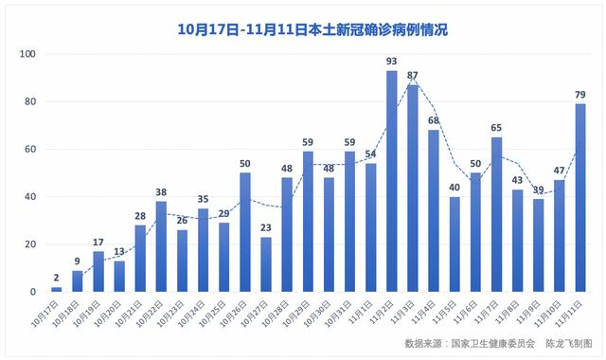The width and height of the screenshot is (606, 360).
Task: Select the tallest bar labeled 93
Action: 391,181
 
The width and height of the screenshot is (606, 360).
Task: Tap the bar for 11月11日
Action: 579,198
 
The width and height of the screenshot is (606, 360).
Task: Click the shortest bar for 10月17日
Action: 56,289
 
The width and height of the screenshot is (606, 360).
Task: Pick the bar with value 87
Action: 412,189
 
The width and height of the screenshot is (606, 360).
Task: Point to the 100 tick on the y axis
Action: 27,54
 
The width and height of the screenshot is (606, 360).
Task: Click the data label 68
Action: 433,120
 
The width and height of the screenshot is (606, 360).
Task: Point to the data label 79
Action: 579,94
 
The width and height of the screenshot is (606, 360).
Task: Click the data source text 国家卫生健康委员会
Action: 494,343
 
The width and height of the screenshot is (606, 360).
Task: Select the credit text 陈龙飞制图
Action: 571,343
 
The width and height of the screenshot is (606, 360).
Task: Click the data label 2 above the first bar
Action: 56,278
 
